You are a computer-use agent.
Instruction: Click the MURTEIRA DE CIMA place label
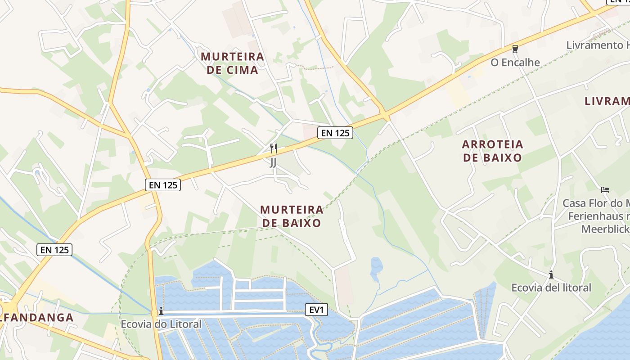click(232, 63)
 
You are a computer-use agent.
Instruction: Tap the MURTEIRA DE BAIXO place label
click(292, 216)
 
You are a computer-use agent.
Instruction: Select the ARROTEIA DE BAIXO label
click(492, 151)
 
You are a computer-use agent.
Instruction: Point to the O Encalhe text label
click(515, 62)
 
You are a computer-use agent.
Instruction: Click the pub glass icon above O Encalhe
click(515, 49)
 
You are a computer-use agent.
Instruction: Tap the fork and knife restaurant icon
click(273, 148)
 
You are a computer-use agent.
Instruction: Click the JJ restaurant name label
click(273, 162)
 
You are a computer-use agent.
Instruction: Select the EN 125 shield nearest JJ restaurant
click(335, 133)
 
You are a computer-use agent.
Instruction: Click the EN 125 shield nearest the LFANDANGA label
click(54, 250)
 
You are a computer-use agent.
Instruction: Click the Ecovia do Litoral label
click(161, 324)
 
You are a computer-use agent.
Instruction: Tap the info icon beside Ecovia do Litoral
click(161, 311)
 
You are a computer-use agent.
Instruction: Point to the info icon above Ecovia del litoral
click(551, 274)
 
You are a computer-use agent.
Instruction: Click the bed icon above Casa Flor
click(605, 190)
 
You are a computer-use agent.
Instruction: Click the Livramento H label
click(598, 45)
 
